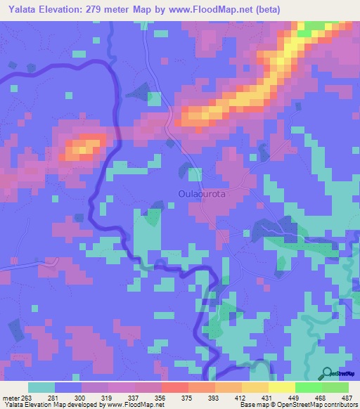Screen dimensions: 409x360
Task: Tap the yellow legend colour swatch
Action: point(281,387)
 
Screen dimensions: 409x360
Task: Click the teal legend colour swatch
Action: point(41,387)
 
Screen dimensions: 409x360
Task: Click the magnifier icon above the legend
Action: point(326,373)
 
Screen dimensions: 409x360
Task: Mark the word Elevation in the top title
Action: point(64,9)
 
